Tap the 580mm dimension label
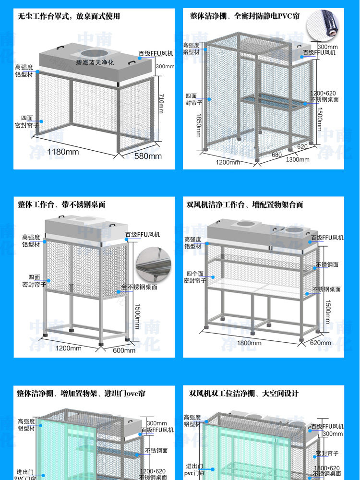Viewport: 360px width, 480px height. (x=148, y=156)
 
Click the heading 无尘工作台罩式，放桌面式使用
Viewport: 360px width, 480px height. (x=69, y=16)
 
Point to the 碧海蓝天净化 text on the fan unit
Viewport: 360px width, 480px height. (x=95, y=62)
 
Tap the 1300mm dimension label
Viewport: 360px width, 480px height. (x=298, y=159)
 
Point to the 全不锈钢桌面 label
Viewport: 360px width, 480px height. (x=139, y=287)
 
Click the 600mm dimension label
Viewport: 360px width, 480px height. (x=124, y=350)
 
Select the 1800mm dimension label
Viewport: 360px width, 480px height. (x=249, y=343)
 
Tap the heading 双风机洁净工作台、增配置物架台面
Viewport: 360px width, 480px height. (x=245, y=204)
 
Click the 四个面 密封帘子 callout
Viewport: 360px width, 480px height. (x=195, y=277)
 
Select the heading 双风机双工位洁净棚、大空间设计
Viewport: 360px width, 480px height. (x=244, y=394)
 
